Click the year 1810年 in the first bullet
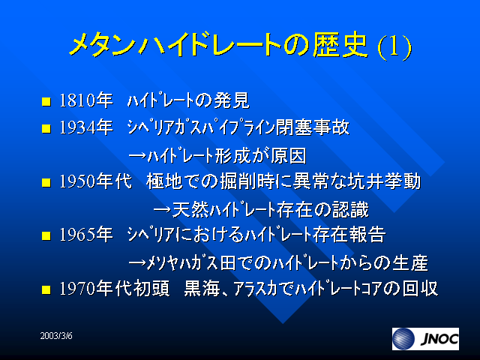pos(85,100)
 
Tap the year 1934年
pos(85,127)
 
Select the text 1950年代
pos(95,181)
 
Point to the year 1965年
pos(85,235)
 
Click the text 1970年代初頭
pos(115,289)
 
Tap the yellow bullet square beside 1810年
pos(46,101)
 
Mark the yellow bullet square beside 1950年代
pos(46,182)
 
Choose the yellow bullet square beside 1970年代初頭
pos(46,289)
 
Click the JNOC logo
pos(425,339)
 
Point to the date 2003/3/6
pos(56,336)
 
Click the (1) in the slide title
pos(394,46)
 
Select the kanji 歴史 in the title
pos(340,45)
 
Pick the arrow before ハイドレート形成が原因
pos(137,156)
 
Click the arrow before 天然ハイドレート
pos(162,210)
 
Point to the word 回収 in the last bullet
pos(420,289)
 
